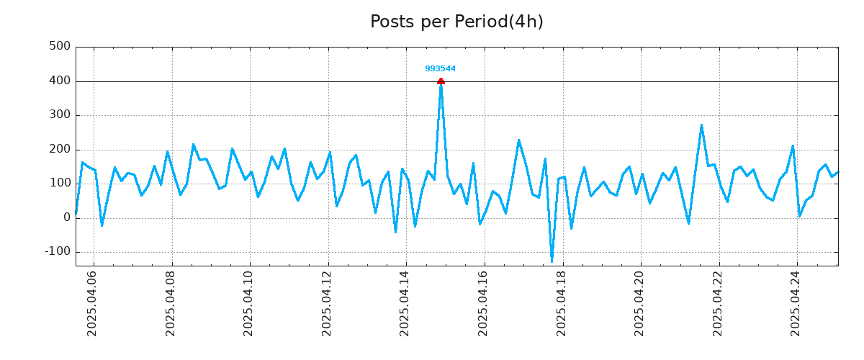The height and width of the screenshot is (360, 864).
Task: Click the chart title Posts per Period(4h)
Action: (x=456, y=22)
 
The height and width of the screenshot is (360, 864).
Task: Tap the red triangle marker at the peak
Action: (x=441, y=81)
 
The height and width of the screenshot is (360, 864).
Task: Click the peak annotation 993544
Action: (x=440, y=69)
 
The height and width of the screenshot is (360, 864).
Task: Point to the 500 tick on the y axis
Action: (x=59, y=47)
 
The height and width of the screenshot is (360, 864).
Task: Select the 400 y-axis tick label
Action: (x=59, y=81)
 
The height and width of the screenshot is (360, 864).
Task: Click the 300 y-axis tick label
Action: (x=59, y=115)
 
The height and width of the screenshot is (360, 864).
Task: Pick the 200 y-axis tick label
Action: (x=59, y=149)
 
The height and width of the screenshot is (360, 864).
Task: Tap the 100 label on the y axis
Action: (x=59, y=184)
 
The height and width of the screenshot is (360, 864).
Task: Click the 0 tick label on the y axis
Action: (x=67, y=217)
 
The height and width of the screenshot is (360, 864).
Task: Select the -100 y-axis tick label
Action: (x=57, y=252)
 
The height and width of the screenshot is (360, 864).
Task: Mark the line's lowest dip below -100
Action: (x=552, y=261)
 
